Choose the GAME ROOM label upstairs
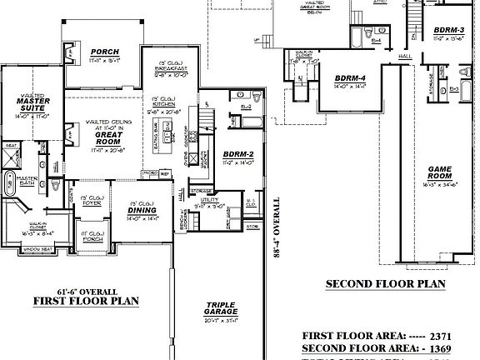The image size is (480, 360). click(439, 172)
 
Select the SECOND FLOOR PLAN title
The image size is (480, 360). click(385, 284)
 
